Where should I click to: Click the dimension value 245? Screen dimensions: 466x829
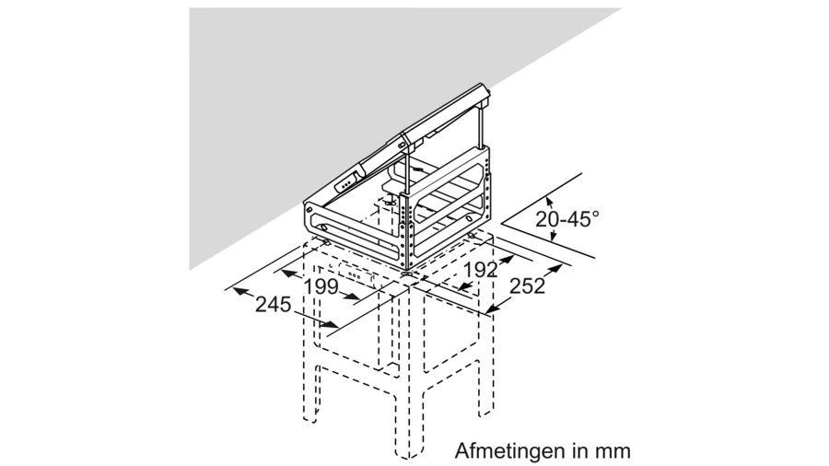(x=274, y=303)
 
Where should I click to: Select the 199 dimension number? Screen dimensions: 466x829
(x=321, y=286)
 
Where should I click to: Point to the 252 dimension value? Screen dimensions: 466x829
(x=527, y=285)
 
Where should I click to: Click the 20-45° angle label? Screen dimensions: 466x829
(x=566, y=219)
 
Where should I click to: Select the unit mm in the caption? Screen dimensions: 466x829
(x=612, y=452)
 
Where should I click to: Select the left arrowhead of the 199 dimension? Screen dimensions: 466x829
(x=286, y=273)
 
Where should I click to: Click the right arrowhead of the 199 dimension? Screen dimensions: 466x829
(x=359, y=297)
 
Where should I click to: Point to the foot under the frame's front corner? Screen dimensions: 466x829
(x=405, y=272)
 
